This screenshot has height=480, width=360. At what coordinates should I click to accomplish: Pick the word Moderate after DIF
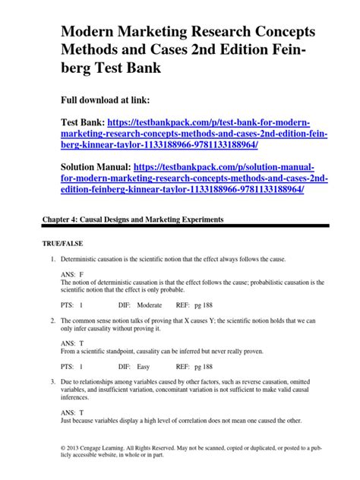coord(153,304)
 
